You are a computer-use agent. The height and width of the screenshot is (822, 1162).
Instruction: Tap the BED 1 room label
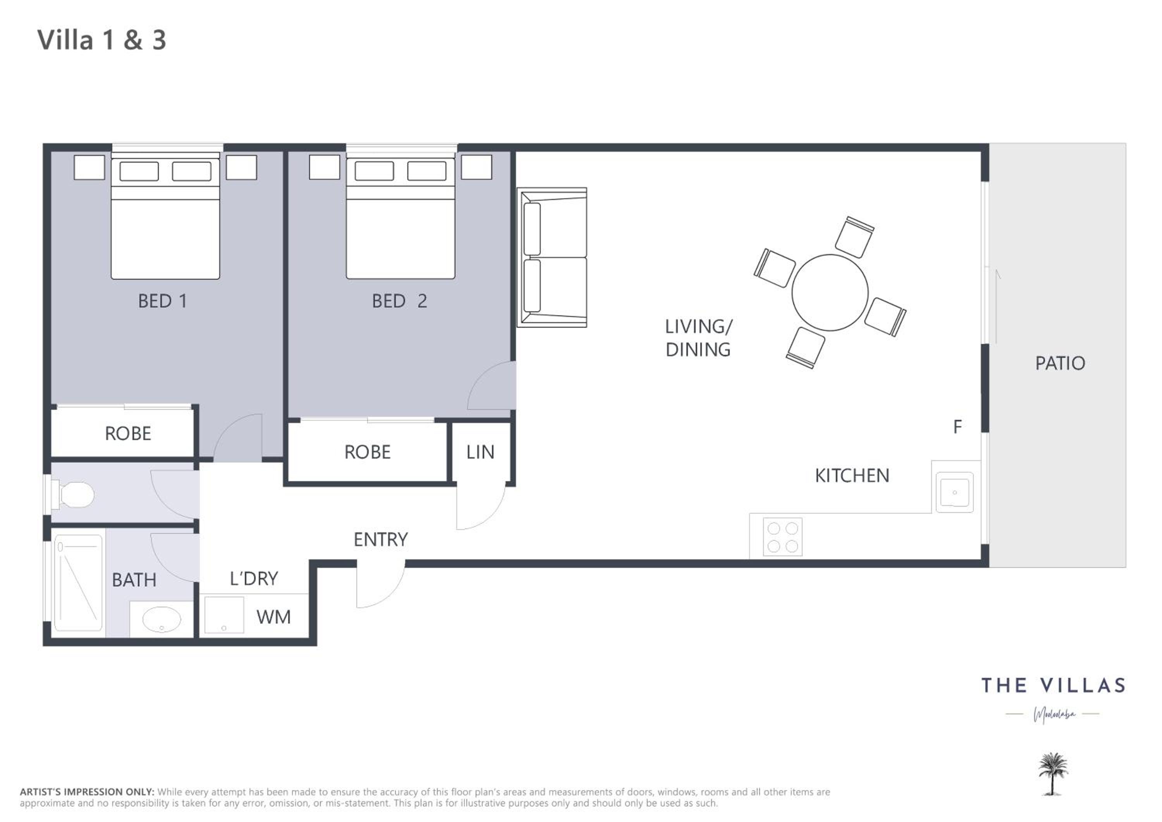click(x=162, y=301)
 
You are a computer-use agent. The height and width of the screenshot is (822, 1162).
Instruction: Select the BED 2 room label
click(x=399, y=301)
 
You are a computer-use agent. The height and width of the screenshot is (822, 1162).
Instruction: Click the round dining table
click(x=830, y=292)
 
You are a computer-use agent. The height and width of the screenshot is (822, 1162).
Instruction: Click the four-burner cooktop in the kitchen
click(x=782, y=537)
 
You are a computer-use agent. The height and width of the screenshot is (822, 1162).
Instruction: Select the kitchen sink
click(x=954, y=492)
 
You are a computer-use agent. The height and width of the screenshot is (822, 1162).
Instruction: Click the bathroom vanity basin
click(x=162, y=619)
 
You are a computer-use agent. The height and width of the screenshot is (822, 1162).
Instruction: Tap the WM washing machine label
click(x=273, y=617)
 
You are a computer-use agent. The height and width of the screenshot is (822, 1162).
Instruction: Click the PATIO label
click(x=1060, y=363)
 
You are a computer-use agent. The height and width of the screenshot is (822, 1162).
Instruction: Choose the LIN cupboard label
click(x=480, y=452)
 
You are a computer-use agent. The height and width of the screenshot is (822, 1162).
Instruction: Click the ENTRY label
click(x=381, y=540)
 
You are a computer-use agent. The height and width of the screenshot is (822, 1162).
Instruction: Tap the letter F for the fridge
click(x=957, y=427)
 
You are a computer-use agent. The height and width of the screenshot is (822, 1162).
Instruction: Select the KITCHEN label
click(x=852, y=475)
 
